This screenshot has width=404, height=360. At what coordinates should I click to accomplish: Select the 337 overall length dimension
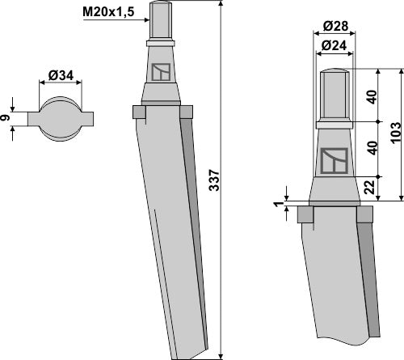tap(215, 184)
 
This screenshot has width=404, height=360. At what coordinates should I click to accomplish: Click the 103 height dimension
tap(394, 130)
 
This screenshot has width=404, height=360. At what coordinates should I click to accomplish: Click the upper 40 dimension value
tap(372, 95)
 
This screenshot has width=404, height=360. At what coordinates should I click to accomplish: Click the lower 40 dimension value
tap(372, 148)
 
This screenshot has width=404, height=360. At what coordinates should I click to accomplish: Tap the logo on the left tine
tap(162, 73)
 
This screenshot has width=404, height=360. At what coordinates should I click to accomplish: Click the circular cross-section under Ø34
tap(61, 118)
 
